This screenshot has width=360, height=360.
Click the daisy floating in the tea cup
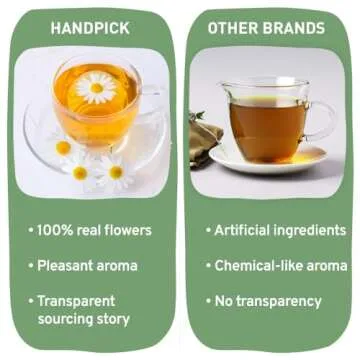coord(96,88)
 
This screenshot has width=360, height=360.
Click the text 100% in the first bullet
coord(56,231)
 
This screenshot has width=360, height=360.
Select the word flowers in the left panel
coord(125,231)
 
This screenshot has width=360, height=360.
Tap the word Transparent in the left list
coord(77,301)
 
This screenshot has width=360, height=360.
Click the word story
coord(115,319)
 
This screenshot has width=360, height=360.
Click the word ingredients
coord(310,231)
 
